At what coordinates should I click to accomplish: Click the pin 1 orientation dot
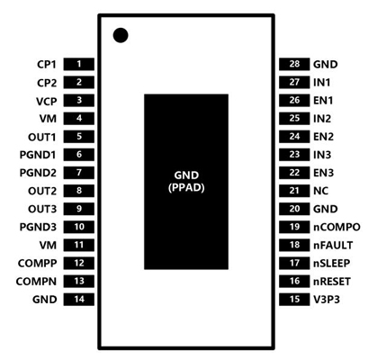point(121,35)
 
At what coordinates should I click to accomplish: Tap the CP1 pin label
point(47,65)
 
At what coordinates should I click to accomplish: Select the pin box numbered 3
point(79,100)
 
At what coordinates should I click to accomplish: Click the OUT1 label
point(42,137)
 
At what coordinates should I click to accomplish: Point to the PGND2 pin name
point(38,173)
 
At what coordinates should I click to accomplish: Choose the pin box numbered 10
point(79,227)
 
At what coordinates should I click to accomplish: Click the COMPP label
point(37,264)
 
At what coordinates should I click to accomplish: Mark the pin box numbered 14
point(79,300)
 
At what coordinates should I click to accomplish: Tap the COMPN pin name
point(36,282)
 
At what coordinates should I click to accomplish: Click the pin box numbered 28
point(294,64)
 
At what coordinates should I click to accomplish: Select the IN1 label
point(321,83)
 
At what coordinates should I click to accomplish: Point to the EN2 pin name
point(323,137)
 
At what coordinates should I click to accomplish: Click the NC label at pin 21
point(320,191)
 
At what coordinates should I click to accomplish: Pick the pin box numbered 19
point(294,227)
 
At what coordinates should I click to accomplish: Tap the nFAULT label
point(333,246)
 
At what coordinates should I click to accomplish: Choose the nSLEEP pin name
point(332,264)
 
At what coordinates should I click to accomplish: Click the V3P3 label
point(327,300)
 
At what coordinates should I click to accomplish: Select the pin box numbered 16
point(294,281)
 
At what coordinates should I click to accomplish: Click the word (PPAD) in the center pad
point(186,188)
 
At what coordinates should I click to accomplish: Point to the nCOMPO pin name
point(337,227)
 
